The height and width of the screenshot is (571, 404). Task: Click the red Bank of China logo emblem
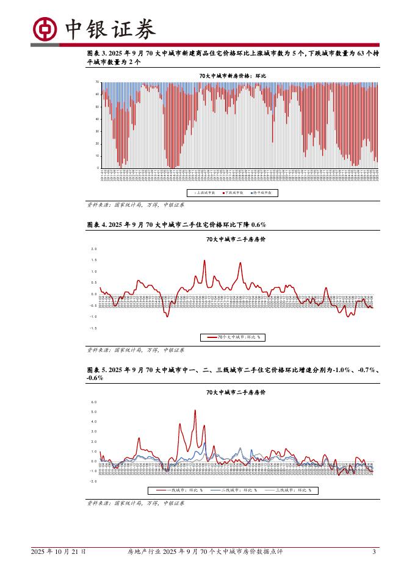tap(44, 27)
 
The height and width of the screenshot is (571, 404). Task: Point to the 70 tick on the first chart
tap(98, 82)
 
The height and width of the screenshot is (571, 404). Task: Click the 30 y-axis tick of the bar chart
tap(98, 131)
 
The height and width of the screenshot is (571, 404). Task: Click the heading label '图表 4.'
tap(97, 224)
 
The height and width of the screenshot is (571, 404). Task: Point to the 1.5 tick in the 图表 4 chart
tap(94, 260)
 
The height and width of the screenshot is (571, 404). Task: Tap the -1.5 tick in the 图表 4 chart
tap(93, 328)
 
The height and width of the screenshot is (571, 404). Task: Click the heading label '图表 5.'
tap(97, 370)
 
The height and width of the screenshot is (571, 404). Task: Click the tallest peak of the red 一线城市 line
tap(195, 410)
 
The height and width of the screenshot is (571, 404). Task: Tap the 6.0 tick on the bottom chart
tap(94, 402)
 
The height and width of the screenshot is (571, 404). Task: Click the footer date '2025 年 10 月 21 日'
tap(59, 551)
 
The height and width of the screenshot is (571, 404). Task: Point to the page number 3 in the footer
tap(373, 551)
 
